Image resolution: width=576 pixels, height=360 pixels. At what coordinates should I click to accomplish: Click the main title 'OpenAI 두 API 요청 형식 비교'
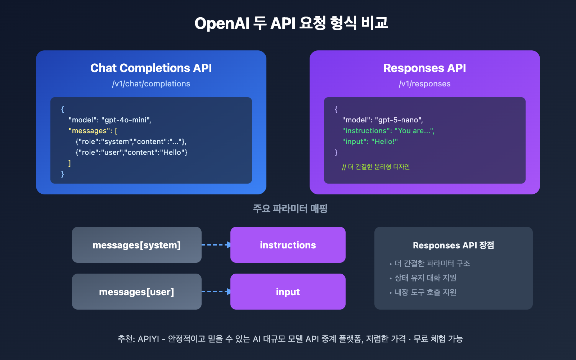[291, 23]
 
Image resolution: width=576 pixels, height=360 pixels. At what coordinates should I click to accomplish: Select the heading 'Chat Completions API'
[151, 68]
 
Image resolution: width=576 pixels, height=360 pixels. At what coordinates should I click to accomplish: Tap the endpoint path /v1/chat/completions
[151, 84]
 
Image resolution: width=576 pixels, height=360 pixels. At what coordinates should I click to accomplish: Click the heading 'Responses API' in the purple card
[424, 68]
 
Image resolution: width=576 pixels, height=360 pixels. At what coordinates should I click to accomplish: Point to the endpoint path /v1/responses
[424, 84]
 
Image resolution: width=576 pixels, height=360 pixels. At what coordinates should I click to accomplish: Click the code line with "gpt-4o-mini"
[110, 120]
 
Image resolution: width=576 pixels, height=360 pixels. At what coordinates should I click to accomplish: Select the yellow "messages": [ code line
[93, 131]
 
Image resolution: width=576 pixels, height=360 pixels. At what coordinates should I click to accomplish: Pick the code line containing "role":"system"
[131, 142]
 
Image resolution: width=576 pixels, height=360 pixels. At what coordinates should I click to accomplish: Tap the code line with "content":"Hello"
[131, 153]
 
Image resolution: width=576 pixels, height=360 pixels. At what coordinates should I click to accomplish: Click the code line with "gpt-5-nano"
[382, 120]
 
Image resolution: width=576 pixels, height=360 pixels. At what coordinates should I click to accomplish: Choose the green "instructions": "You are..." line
[388, 131]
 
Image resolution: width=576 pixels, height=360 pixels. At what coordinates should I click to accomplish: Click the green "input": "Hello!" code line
[370, 142]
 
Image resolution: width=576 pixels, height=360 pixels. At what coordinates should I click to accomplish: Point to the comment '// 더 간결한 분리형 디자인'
[376, 167]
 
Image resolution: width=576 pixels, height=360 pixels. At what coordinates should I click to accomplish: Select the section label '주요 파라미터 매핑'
[290, 209]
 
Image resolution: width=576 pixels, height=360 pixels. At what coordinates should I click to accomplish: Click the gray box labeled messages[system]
[136, 245]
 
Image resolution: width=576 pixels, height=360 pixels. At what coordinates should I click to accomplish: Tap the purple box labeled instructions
[288, 245]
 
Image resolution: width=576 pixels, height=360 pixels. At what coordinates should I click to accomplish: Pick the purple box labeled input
[288, 292]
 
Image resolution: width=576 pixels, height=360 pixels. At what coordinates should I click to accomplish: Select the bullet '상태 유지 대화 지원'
[425, 278]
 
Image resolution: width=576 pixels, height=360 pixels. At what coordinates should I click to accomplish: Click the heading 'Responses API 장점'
[453, 246]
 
